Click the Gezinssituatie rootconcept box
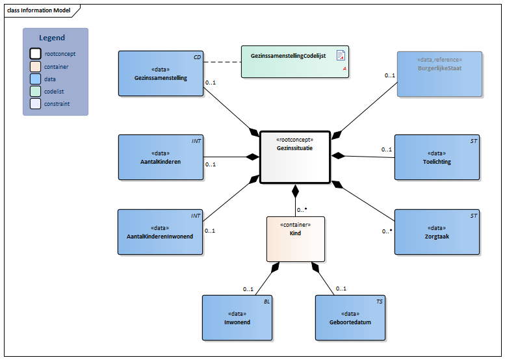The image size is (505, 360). click(294, 157)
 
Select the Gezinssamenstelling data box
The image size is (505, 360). click(161, 73)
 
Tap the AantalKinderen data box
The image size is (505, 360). click(161, 157)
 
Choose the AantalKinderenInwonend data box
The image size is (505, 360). click(160, 232)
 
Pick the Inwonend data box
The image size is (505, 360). click(237, 318)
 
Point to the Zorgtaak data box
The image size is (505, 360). click(437, 232)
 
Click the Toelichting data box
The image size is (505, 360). click(437, 157)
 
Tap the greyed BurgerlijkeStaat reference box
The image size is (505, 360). click(439, 74)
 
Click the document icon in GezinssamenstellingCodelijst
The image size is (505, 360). click(340, 56)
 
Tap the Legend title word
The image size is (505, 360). click(52, 38)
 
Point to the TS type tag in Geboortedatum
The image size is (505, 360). click(380, 302)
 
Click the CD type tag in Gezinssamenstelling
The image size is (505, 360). click(197, 57)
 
